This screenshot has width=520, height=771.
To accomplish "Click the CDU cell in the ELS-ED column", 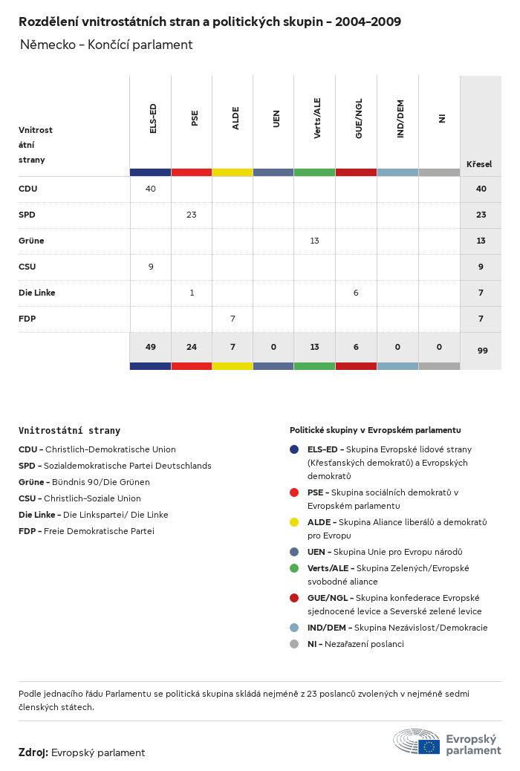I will [x=151, y=189].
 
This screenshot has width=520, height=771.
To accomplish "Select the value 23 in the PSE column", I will [x=192, y=215].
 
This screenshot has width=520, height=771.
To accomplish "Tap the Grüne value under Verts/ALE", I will [x=315, y=241].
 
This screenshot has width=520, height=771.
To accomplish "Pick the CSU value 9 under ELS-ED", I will [x=151, y=267].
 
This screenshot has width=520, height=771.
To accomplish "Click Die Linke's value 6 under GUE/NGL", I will [x=356, y=293].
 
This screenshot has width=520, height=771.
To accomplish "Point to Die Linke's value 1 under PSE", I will [x=192, y=293].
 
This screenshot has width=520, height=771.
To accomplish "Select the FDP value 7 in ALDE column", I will [x=233, y=319].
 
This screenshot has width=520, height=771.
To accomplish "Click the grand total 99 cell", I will [x=482, y=351].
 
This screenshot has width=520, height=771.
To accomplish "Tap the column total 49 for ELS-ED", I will [x=151, y=347].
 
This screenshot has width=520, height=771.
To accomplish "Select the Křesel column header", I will [x=479, y=163].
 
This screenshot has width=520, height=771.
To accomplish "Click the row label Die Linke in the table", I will [x=37, y=293].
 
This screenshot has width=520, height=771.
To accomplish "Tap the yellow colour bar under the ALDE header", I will [x=233, y=172].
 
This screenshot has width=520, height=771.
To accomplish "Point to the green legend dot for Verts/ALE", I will [x=294, y=568].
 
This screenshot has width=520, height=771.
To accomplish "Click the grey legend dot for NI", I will [x=294, y=644].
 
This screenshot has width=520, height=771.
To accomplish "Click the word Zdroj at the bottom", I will [x=33, y=752].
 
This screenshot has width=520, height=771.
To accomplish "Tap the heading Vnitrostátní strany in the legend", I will [x=69, y=430].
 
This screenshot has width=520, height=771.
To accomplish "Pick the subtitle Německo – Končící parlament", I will [x=106, y=45].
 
